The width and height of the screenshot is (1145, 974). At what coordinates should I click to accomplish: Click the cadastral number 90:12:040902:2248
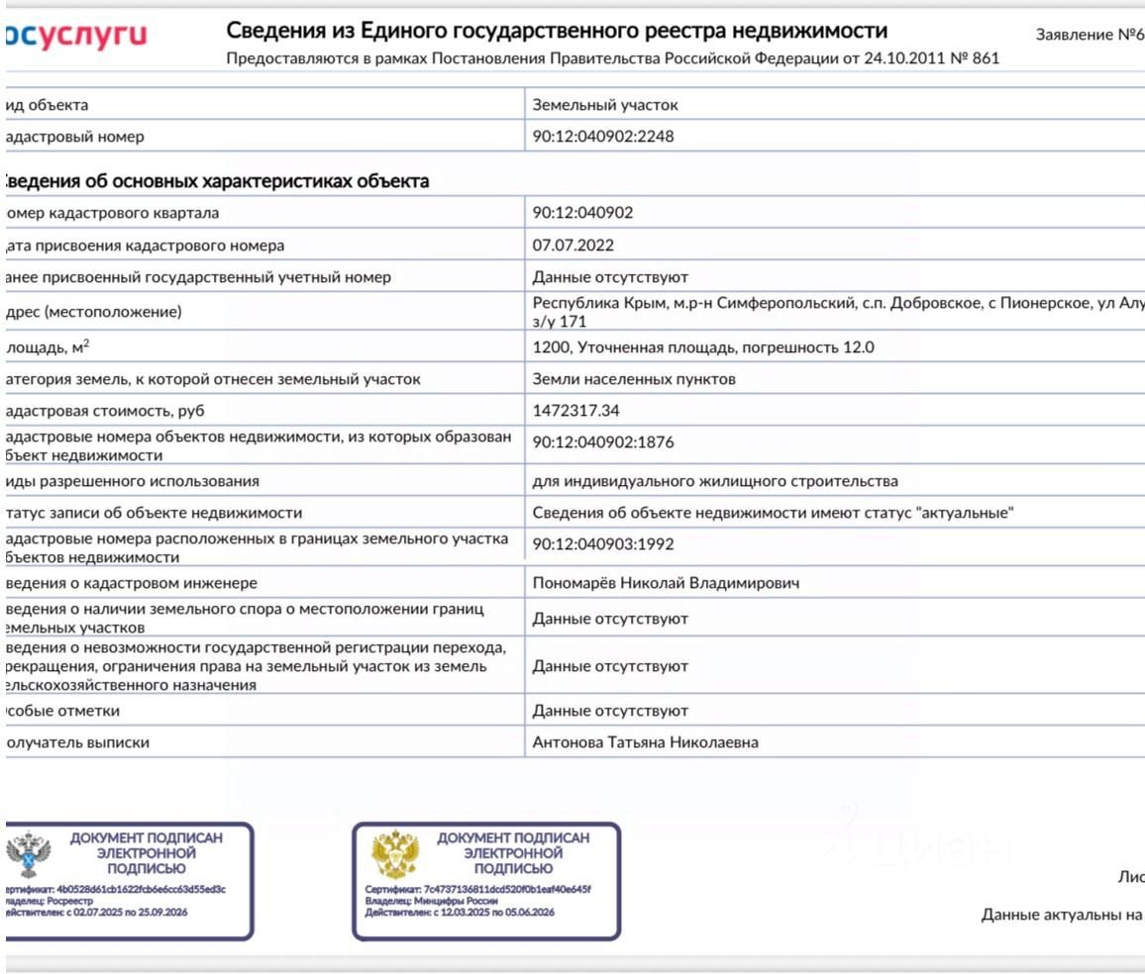pos(602,137)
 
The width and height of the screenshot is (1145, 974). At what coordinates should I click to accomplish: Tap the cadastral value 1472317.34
pos(575,411)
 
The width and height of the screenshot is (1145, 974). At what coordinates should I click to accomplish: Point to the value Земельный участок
pos(605,105)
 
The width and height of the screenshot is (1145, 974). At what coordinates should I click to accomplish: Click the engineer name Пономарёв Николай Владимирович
pos(666,583)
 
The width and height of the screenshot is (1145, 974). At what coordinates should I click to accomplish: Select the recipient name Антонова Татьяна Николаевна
pos(645,742)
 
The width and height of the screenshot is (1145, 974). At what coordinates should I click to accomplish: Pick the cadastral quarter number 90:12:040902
pos(582,213)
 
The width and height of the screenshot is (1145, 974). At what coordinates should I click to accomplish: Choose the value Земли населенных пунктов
pos(634,379)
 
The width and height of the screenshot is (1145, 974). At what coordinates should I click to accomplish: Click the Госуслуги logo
pos(75,37)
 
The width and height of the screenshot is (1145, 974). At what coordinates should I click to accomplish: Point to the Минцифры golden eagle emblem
pos(395,855)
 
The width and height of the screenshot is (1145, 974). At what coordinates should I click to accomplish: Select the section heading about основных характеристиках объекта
pos(216,181)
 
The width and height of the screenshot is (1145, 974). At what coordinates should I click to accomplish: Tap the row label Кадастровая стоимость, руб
pos(107,411)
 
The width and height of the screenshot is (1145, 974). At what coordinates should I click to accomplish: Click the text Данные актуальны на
pos(1062,915)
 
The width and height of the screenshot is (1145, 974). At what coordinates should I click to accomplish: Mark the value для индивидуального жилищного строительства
pos(715,481)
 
